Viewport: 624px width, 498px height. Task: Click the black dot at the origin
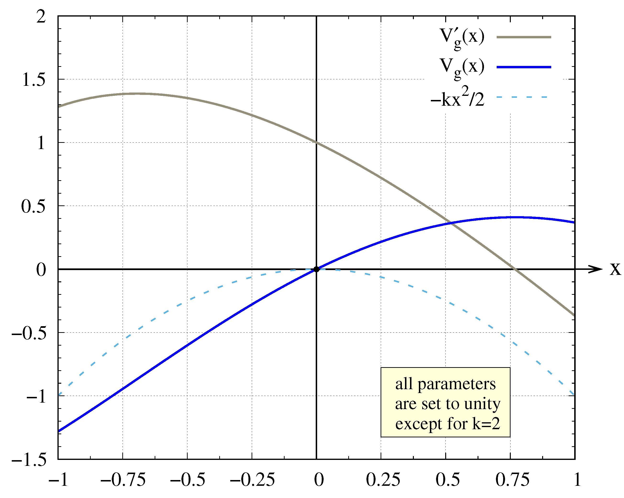(316, 269)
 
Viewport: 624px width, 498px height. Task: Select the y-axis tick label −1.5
(29, 459)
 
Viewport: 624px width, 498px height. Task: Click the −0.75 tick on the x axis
(123, 480)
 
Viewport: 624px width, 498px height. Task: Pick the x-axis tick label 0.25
(383, 480)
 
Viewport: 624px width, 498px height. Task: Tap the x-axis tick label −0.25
(252, 480)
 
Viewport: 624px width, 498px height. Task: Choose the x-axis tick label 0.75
(512, 480)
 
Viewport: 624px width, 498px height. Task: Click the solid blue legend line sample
(524, 67)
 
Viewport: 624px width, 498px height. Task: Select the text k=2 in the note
(486, 424)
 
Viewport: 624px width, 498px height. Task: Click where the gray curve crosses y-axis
(316, 142)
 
